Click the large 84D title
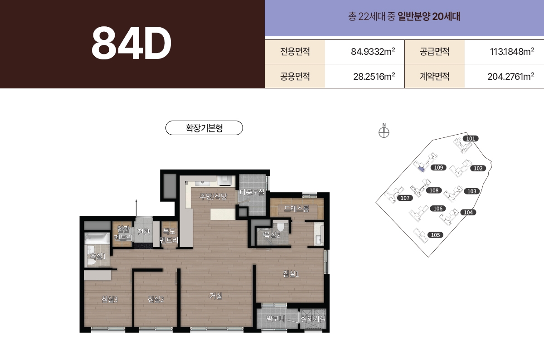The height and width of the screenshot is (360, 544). (x=131, y=44)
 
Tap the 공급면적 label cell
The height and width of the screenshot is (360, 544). (x=434, y=52)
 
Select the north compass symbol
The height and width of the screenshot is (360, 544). (x=384, y=132)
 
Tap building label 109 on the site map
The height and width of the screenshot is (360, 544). (x=438, y=168)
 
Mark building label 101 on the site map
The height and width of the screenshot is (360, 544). (x=471, y=138)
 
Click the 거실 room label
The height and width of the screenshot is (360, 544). (x=216, y=296)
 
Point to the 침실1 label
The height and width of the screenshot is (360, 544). (x=291, y=274)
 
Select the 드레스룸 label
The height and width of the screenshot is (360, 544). (x=296, y=209)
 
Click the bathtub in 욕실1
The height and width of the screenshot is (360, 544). (x=97, y=237)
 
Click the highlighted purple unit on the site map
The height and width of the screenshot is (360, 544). (x=421, y=169)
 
